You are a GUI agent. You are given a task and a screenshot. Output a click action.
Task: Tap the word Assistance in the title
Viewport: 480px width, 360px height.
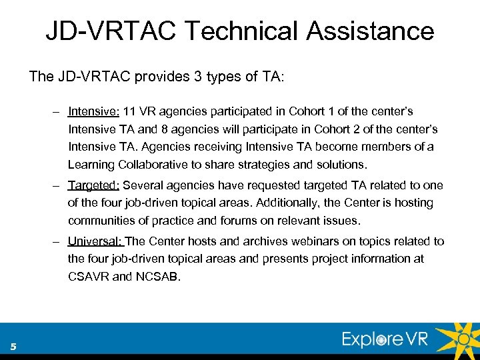click(369, 31)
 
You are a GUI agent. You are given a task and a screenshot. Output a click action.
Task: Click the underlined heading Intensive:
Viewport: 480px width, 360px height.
click(93, 111)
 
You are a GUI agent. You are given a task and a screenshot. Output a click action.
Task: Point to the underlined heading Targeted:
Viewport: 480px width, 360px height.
click(93, 185)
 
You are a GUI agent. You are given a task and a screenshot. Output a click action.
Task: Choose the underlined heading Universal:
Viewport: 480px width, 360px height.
click(95, 241)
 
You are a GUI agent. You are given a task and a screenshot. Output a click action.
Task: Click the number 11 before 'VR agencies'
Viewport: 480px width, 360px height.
click(130, 111)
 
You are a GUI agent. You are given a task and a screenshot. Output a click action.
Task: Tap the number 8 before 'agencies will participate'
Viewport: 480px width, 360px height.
click(157, 129)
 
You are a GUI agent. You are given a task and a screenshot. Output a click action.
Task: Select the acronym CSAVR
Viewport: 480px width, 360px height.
click(89, 276)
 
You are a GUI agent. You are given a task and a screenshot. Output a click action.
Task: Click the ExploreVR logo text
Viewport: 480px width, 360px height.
click(385, 339)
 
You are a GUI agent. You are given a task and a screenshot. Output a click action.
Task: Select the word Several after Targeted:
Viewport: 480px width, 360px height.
click(145, 185)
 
